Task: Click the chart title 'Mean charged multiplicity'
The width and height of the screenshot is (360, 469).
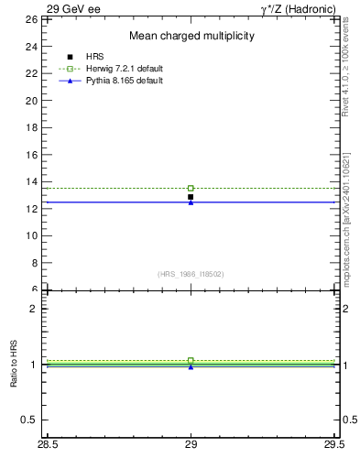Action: [x=191, y=36]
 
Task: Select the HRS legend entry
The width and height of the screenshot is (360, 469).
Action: [x=95, y=57]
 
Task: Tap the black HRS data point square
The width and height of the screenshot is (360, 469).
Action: [x=191, y=197]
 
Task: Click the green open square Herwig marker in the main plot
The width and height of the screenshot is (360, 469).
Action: [x=191, y=188]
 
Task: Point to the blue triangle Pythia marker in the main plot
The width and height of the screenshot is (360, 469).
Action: [x=191, y=202]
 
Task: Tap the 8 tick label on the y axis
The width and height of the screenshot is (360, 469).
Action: [x=33, y=263]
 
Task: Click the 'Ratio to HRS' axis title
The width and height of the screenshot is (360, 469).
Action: [x=15, y=365]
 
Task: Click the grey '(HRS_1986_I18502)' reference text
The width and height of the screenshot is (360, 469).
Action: [x=191, y=274]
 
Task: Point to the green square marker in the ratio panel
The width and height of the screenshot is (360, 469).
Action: [x=191, y=360]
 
